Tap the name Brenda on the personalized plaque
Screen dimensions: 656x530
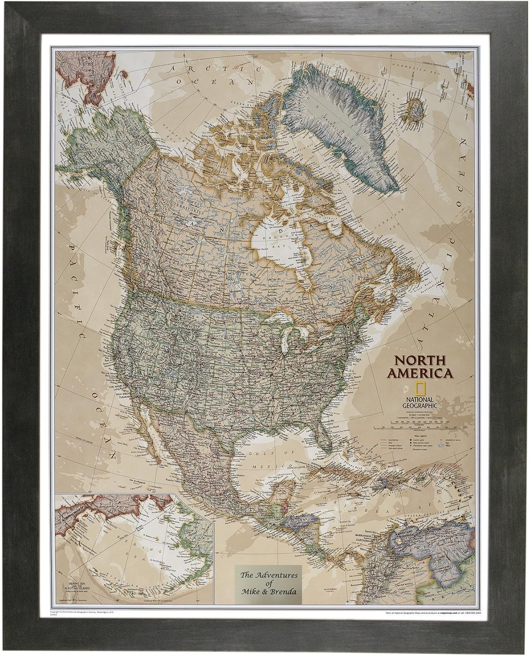coord(284,593)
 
